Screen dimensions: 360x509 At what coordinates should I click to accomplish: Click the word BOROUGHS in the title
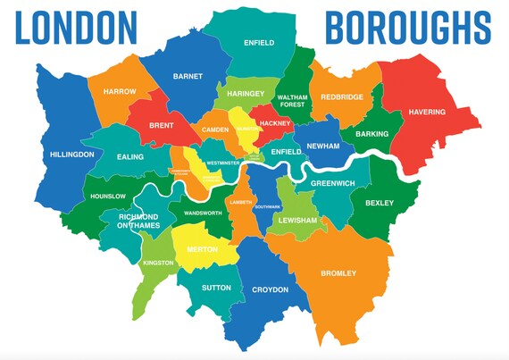407,28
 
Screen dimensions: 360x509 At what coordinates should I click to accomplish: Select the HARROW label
120,91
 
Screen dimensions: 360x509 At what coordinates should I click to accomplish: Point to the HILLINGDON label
72,155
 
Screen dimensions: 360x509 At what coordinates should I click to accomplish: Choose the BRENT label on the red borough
160,127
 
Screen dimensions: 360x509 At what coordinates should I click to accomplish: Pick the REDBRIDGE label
343,96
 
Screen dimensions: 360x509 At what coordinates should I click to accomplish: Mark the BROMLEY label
338,273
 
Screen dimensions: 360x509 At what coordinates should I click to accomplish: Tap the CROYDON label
271,289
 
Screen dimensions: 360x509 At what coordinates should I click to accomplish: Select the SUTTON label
217,288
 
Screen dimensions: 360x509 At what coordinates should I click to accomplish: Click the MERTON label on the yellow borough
202,249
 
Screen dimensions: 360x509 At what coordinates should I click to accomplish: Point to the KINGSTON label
157,263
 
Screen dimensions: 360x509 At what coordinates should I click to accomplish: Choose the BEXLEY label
379,203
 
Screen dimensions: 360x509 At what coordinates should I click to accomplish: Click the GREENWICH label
333,183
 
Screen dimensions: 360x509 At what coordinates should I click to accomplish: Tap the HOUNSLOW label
107,196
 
